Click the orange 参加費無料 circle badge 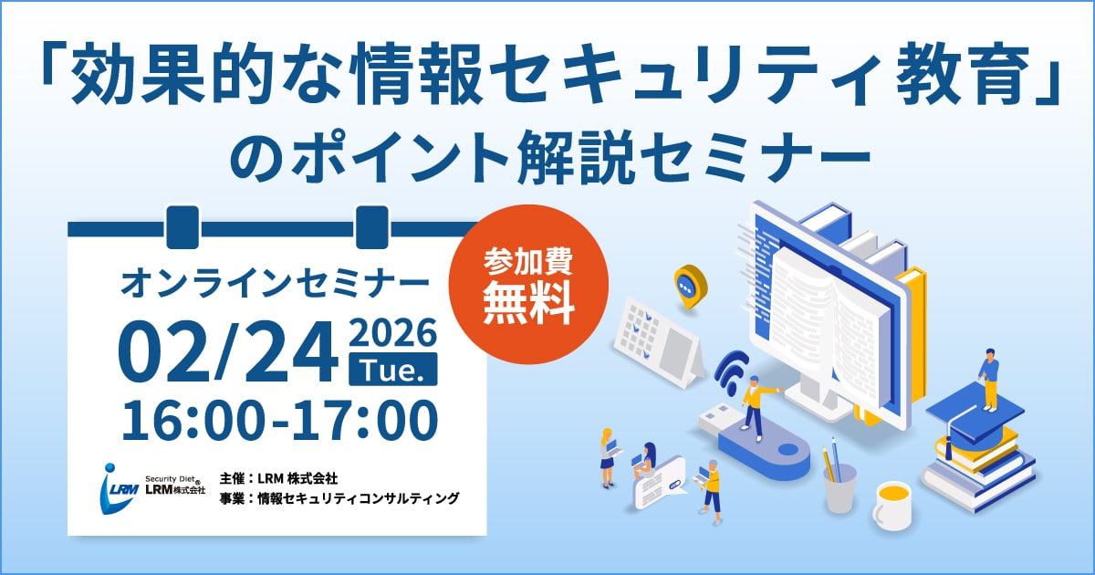click(x=528, y=285)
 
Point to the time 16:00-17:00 click(x=279, y=419)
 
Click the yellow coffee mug click(x=892, y=506)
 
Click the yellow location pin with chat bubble click(x=691, y=286)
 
